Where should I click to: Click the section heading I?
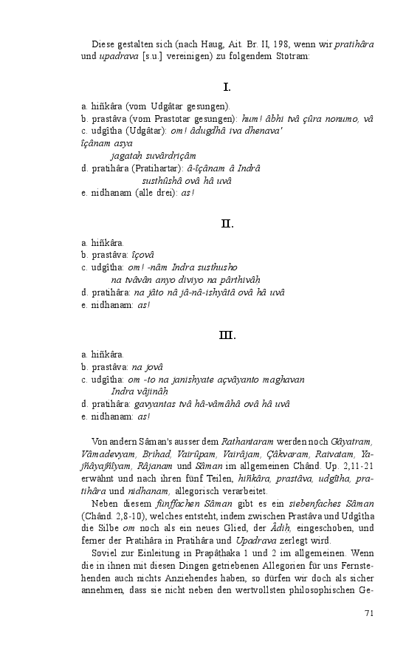click(x=227, y=87)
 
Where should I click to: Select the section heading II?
click(x=227, y=223)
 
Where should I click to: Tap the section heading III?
click(x=227, y=335)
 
